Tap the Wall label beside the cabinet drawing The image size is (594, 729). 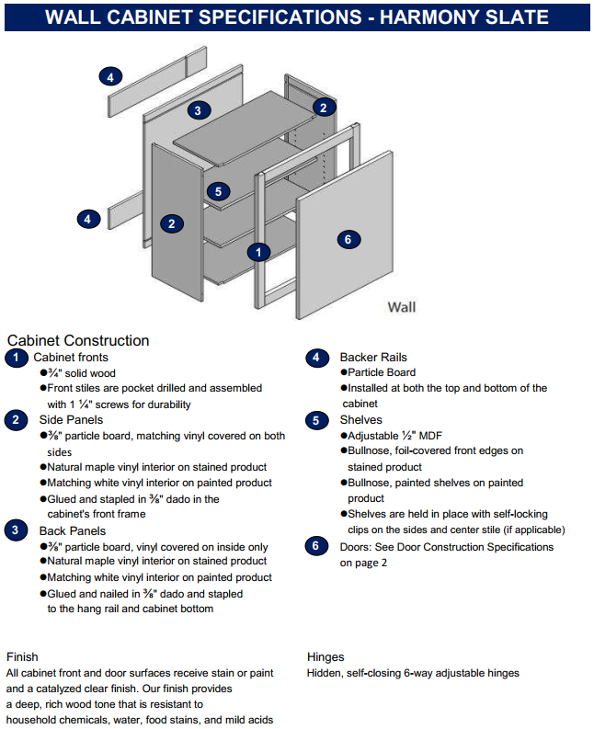(x=402, y=307)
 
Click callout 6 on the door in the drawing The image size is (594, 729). (x=347, y=239)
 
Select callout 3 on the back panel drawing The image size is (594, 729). (x=196, y=111)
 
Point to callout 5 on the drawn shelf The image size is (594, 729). (x=217, y=191)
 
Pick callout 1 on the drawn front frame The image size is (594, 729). (x=260, y=251)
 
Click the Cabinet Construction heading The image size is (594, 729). (x=77, y=341)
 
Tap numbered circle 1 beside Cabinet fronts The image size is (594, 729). (x=16, y=358)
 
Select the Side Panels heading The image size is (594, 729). (x=72, y=420)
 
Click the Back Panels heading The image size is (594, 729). (x=72, y=530)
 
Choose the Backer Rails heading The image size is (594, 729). (x=373, y=358)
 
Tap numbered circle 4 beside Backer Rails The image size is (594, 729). (x=316, y=358)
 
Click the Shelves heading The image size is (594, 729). (x=360, y=420)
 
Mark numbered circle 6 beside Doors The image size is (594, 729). (x=316, y=546)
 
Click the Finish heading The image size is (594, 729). (x=22, y=657)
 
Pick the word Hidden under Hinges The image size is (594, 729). (x=326, y=673)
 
